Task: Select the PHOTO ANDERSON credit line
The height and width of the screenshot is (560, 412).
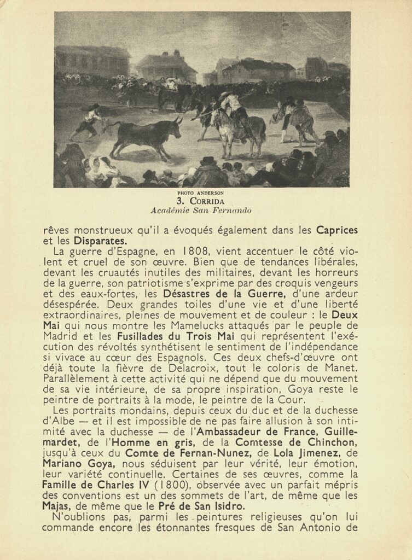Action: click(x=201, y=193)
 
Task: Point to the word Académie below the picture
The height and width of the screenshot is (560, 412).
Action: click(x=173, y=210)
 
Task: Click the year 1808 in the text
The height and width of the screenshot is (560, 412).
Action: click(x=196, y=252)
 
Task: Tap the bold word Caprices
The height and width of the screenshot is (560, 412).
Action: click(x=336, y=230)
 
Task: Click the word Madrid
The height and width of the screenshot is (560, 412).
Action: click(x=59, y=336)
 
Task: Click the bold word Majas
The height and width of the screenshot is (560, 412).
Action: click(x=56, y=506)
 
